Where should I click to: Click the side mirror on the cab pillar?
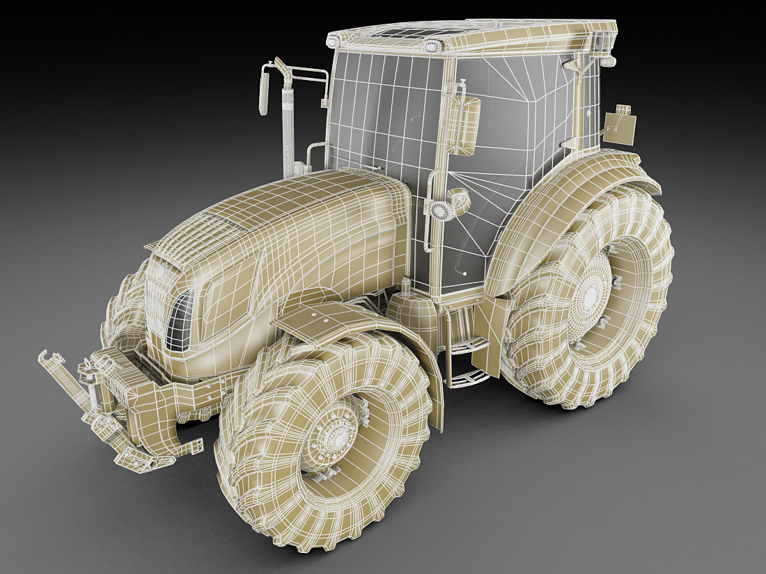pos(463,125)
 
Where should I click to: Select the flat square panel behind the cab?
pos(620,127)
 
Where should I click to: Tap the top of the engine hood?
pos(292,209)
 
